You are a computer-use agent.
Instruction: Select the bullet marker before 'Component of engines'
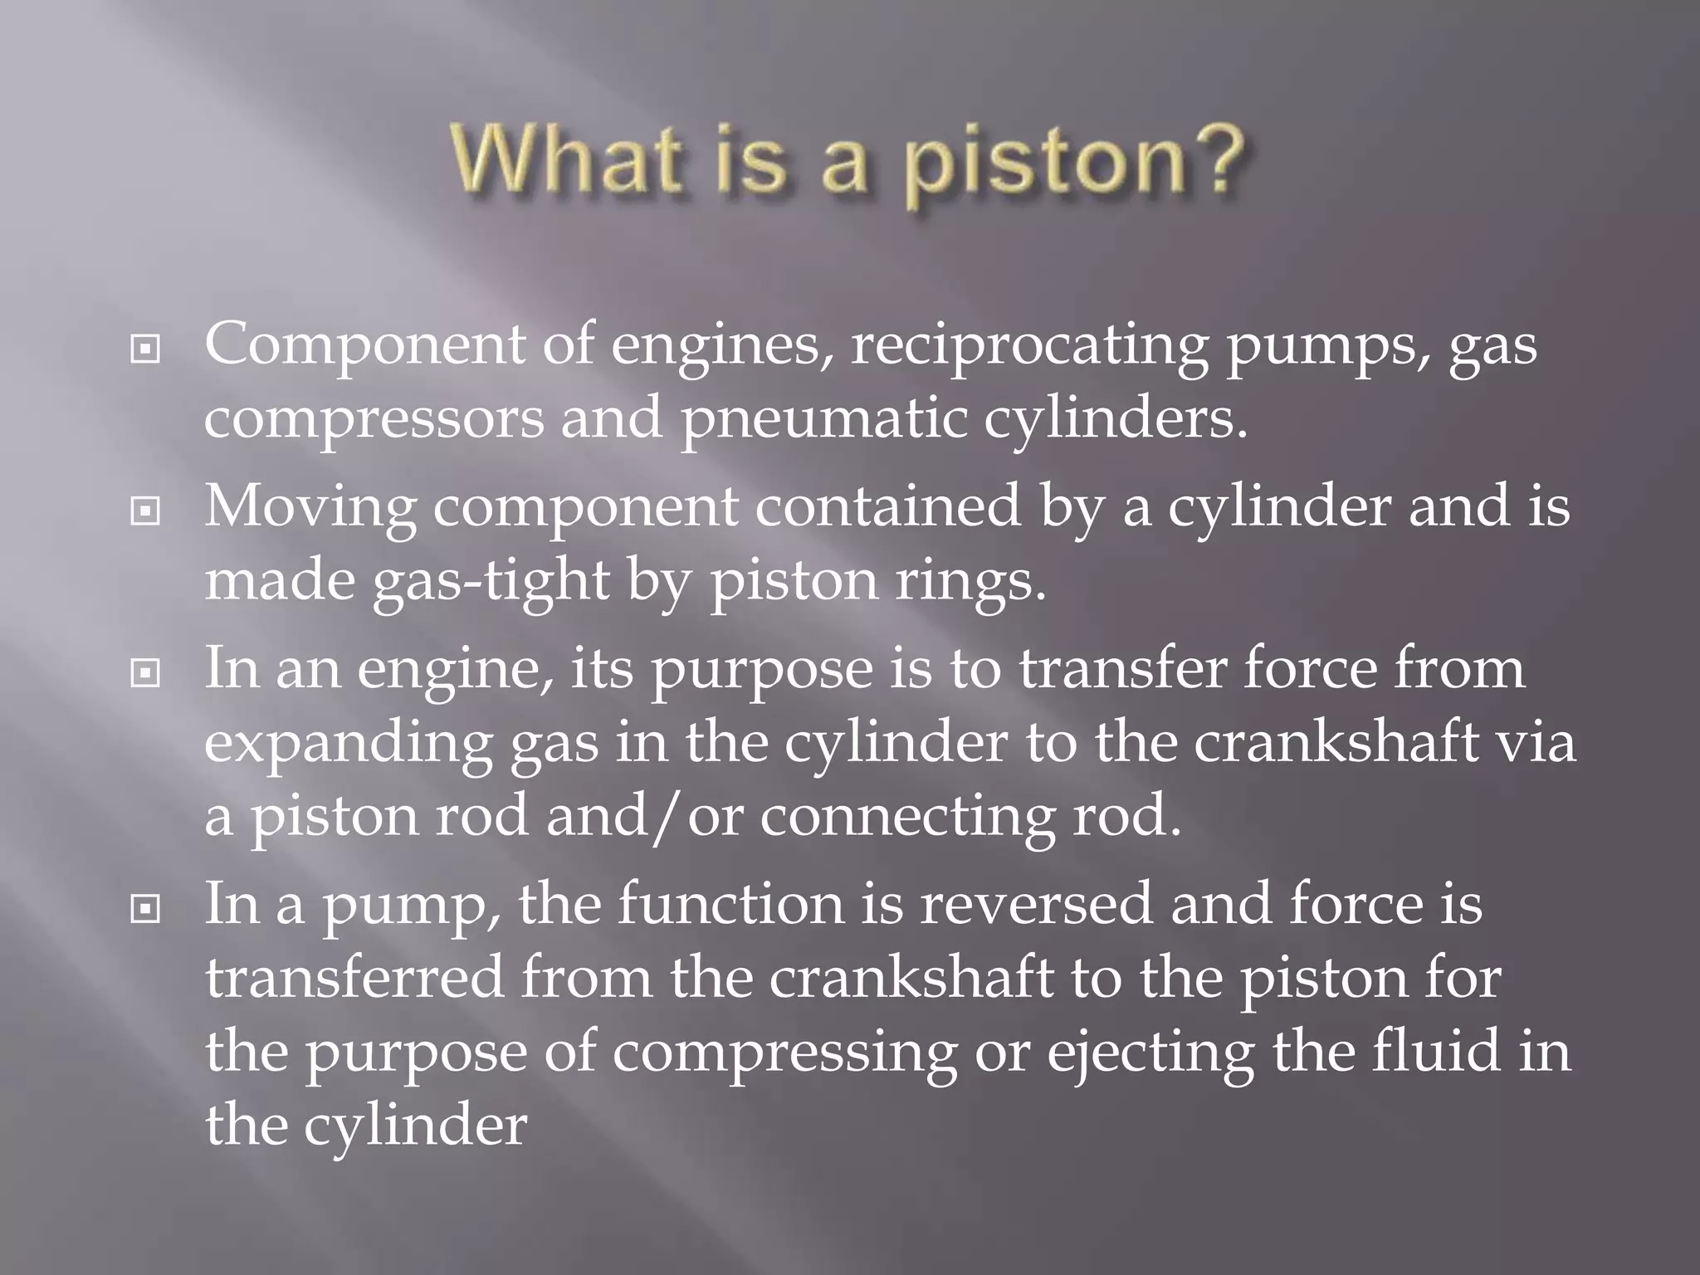145,350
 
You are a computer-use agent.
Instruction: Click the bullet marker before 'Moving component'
145,511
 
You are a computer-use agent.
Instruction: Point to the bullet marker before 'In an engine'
145,673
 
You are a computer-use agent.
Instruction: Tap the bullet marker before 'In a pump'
145,910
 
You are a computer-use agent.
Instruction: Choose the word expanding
349,744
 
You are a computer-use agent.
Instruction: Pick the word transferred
355,978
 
